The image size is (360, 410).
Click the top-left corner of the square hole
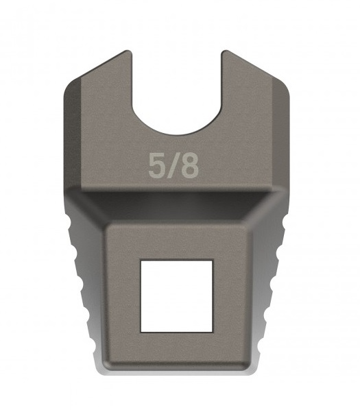pos(141,261)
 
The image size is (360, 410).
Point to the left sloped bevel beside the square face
pos(89,288)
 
